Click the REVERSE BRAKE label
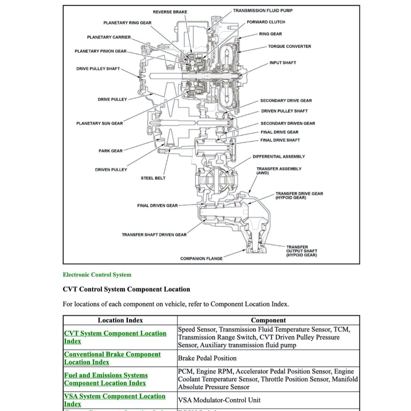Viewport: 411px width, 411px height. pyautogui.click(x=170, y=12)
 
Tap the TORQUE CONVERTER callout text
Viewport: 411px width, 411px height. pyautogui.click(x=289, y=47)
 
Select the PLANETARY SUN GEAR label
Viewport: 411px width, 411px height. pyautogui.click(x=100, y=124)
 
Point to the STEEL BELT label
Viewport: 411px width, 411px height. pyautogui.click(x=153, y=178)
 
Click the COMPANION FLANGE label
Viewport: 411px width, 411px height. pyautogui.click(x=201, y=259)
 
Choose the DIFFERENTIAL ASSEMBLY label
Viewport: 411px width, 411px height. pyautogui.click(x=279, y=157)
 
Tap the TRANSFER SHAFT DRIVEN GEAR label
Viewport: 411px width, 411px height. pyautogui.click(x=154, y=235)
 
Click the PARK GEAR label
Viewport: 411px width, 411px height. pyautogui.click(x=110, y=151)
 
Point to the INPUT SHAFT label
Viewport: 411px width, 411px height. pyautogui.click(x=283, y=63)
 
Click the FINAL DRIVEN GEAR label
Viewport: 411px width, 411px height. pyautogui.click(x=157, y=206)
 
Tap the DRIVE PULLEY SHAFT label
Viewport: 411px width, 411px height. pyautogui.click(x=98, y=69)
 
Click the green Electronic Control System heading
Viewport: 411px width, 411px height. pyautogui.click(x=97, y=275)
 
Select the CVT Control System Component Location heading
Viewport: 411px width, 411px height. pyautogui.click(x=126, y=289)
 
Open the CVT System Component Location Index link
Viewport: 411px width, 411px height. pyautogui.click(x=115, y=334)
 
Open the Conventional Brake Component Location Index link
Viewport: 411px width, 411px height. pyautogui.click(x=112, y=354)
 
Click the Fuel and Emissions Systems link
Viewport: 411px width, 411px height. pyautogui.click(x=106, y=375)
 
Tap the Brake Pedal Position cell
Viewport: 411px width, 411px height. pyautogui.click(x=207, y=358)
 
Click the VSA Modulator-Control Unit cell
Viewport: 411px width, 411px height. pyautogui.click(x=219, y=400)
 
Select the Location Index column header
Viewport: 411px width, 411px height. pyautogui.click(x=120, y=320)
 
